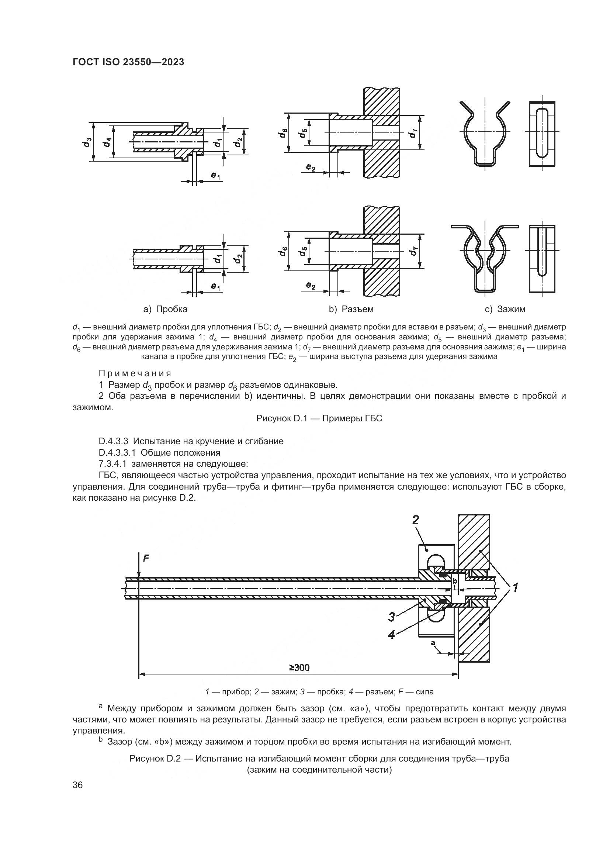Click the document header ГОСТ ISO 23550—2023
[x=128, y=62]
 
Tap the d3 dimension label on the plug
[x=87, y=142]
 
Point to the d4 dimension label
[x=108, y=142]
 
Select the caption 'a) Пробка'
[x=165, y=309]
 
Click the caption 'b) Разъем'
[x=351, y=309]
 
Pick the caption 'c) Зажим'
[x=505, y=309]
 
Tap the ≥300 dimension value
[x=299, y=668]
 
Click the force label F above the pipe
[x=146, y=559]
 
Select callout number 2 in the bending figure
[x=415, y=520]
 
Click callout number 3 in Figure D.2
[x=391, y=617]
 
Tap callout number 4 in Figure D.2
[x=391, y=635]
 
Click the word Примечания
[x=135, y=374]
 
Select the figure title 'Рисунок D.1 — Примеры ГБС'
[x=319, y=418]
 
